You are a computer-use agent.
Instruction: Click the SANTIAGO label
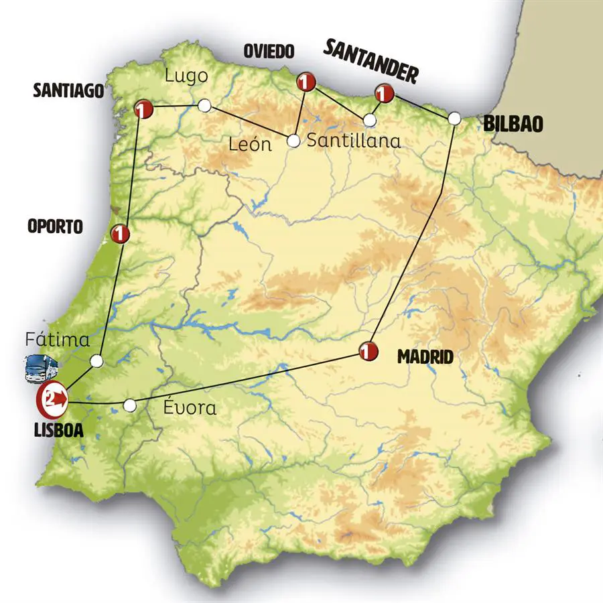click(69, 90)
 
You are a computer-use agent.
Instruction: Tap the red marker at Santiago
click(143, 109)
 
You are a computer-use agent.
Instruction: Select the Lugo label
click(186, 76)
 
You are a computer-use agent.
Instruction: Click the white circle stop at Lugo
click(204, 105)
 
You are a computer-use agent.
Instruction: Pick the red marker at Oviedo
click(306, 82)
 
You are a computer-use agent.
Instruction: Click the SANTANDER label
click(371, 61)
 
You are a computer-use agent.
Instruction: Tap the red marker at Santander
click(383, 91)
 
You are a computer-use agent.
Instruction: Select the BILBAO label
click(513, 124)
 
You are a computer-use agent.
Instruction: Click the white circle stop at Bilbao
click(454, 118)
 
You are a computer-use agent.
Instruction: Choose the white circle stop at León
click(293, 141)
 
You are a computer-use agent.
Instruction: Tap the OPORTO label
click(55, 226)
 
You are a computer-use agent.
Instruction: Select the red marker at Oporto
click(121, 233)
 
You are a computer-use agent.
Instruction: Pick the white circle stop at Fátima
click(96, 361)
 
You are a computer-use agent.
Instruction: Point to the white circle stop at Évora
click(131, 405)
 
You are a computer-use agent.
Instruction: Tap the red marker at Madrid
click(367, 350)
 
